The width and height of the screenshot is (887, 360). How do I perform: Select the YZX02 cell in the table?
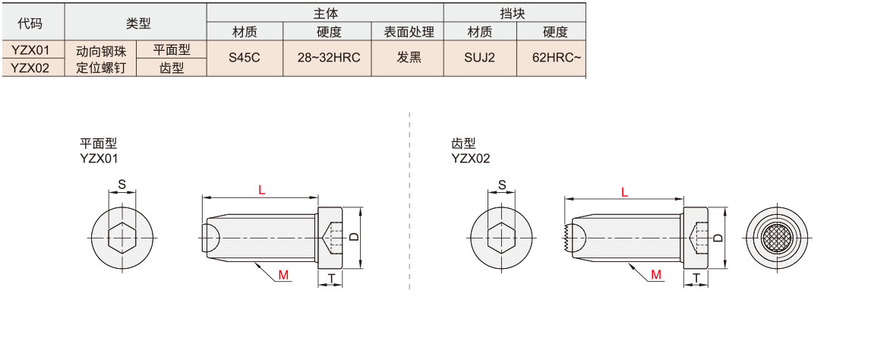coord(31,68)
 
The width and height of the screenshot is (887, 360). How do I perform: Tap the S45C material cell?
coord(245,58)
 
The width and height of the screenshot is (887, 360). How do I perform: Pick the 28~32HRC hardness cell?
coord(327,58)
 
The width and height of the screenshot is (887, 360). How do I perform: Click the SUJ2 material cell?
coord(479,58)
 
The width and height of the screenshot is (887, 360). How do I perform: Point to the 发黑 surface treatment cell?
coord(409,58)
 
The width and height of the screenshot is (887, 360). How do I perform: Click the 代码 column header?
coord(31,23)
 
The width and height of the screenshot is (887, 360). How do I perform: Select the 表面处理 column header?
coord(409,32)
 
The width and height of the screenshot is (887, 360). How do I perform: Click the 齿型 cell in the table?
coord(172,68)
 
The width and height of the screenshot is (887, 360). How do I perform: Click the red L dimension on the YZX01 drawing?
coord(261,191)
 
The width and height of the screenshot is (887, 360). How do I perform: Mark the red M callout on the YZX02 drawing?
coord(655,275)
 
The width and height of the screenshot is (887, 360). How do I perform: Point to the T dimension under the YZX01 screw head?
coord(331,279)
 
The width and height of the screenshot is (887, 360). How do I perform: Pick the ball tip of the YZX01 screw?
coord(210,238)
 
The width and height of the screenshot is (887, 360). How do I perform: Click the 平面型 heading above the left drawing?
coord(99,144)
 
